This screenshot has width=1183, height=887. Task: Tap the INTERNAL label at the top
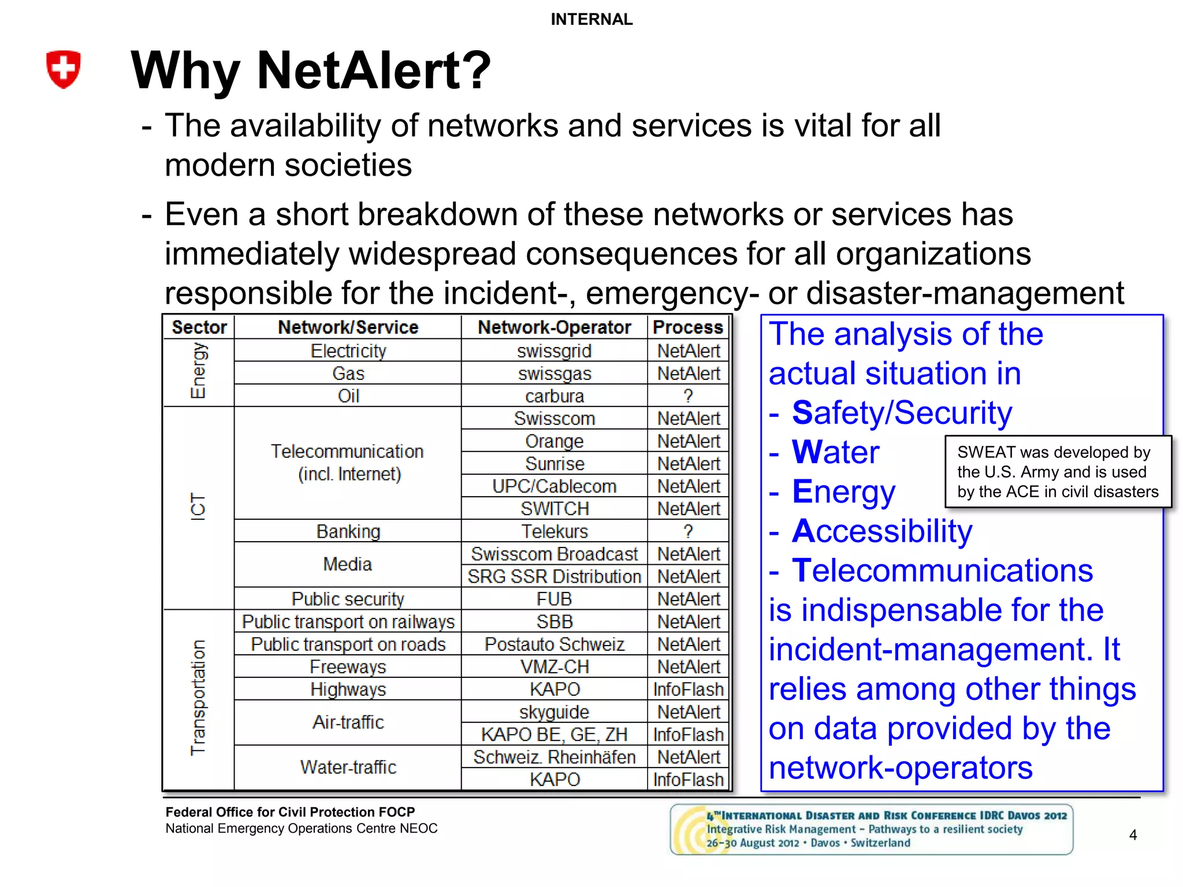(x=591, y=20)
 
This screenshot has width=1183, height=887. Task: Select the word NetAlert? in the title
(x=374, y=71)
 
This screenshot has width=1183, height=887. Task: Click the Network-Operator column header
(x=554, y=327)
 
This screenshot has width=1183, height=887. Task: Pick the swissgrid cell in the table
(x=554, y=351)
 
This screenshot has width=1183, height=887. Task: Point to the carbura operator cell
(x=554, y=396)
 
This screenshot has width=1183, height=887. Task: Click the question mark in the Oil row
(x=688, y=396)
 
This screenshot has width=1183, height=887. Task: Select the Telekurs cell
(x=554, y=531)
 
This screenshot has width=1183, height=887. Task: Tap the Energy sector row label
(x=198, y=371)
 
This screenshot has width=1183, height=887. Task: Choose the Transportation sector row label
(x=198, y=698)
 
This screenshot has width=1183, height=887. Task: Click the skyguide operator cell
(x=554, y=712)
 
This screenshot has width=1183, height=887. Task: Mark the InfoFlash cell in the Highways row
(x=688, y=690)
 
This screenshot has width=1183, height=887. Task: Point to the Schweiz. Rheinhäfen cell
(x=554, y=757)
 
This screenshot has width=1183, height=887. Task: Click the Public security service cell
(x=348, y=599)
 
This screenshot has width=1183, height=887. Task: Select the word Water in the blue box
(x=835, y=452)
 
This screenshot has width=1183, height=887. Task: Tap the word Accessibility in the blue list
(x=882, y=531)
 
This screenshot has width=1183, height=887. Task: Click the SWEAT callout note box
(x=1058, y=472)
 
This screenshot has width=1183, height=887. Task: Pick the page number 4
(x=1133, y=835)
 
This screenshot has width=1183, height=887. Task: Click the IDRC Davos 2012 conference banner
(x=871, y=829)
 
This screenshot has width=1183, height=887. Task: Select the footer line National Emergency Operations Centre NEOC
(x=301, y=829)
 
